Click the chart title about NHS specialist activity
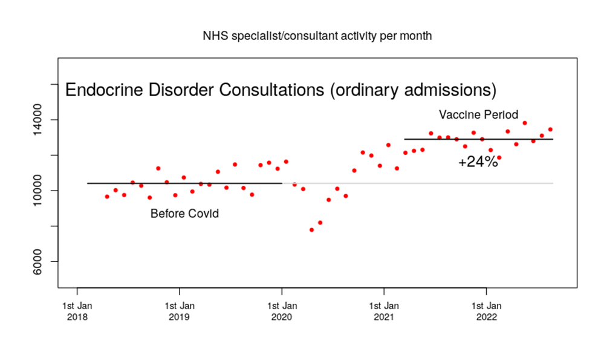(317, 36)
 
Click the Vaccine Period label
(478, 114)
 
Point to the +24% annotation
(478, 162)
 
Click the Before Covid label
(184, 214)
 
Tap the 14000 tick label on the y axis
(44, 120)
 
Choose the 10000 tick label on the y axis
(44, 191)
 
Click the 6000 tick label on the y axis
(44, 261)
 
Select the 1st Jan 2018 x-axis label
(77, 309)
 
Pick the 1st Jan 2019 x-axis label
(179, 309)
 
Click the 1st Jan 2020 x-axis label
(281, 309)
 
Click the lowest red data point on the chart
(312, 230)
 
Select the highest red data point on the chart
(525, 123)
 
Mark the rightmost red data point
(550, 129)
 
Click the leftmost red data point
(107, 197)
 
